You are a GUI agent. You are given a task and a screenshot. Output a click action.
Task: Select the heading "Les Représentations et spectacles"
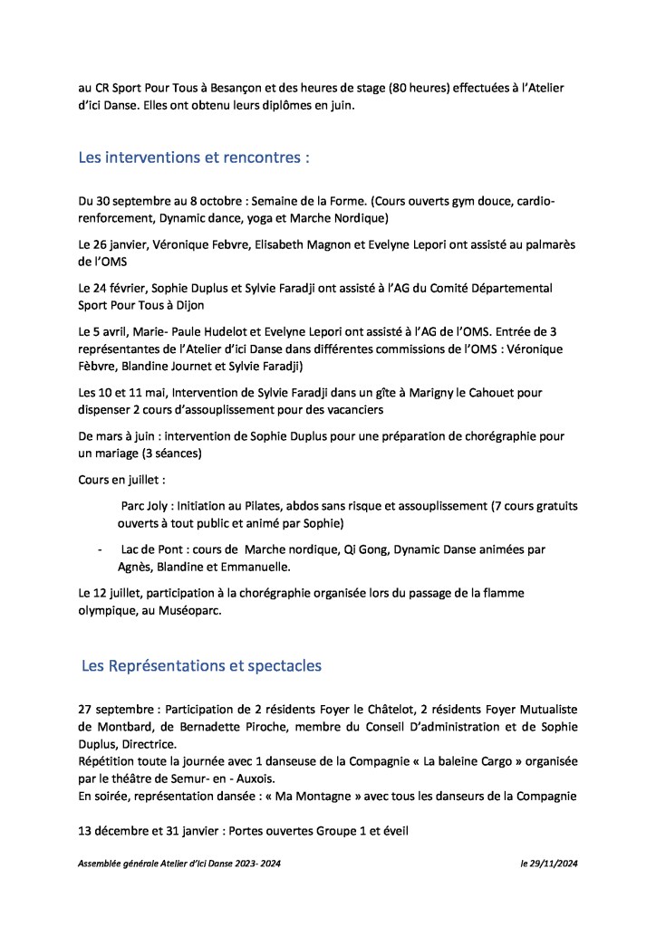coord(201,665)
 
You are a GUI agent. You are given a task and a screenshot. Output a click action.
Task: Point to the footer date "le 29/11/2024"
coord(548,864)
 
